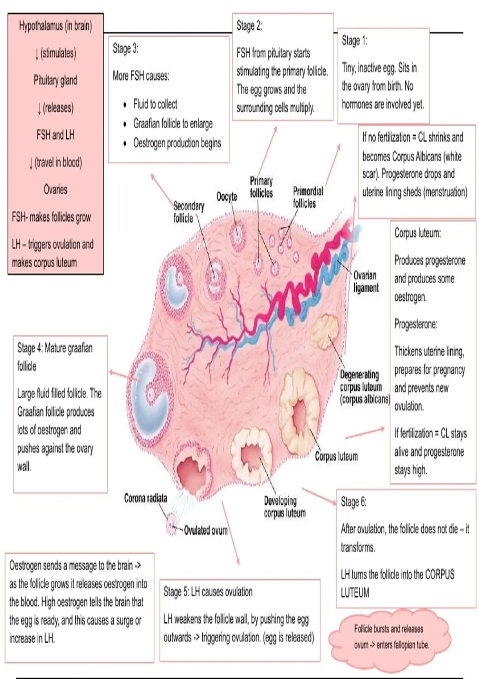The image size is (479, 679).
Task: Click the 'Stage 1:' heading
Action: [354, 40]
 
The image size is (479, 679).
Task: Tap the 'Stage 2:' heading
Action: [249, 26]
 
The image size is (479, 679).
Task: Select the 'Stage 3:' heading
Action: [125, 48]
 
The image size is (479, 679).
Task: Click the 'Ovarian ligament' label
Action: [366, 282]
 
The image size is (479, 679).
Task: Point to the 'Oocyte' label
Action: [227, 197]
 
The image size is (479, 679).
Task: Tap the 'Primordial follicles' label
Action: [308, 197]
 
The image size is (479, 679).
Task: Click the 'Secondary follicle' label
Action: [189, 212]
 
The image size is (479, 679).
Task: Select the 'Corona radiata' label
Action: [145, 498]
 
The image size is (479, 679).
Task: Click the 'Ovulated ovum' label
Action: [206, 530]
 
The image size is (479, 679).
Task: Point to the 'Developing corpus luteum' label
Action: [285, 507]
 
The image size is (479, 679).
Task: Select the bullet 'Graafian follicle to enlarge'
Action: [173, 124]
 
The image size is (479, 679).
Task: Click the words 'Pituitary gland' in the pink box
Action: [55, 80]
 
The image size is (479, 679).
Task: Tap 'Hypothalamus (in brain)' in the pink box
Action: [55, 26]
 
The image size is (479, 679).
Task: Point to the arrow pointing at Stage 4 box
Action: [125, 376]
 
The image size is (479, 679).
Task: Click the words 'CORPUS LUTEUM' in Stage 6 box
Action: [398, 584]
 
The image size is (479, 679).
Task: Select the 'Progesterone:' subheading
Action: [416, 324]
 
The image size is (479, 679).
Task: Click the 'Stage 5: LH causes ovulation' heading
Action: [208, 592]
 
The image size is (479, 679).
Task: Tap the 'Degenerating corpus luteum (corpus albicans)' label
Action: [365, 387]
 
